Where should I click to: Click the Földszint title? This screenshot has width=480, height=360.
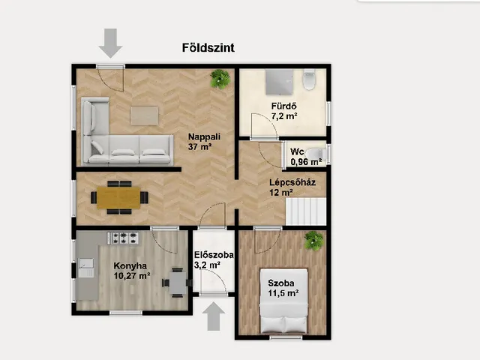coord(208,48)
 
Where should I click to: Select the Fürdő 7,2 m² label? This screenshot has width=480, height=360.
coord(284,111)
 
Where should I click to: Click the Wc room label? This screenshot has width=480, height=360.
coord(297,151)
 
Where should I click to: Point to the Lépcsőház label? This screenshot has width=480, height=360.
coord(292,182)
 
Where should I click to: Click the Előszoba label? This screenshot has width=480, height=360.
coord(214,255)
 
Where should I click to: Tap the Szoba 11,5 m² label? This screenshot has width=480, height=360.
coord(283,288)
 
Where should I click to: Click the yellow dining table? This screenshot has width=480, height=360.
coord(118,197)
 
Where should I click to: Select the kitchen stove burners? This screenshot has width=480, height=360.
coord(123,238)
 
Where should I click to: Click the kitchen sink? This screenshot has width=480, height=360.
coord(86,268)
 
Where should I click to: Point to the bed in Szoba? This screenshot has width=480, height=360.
coord(283,301)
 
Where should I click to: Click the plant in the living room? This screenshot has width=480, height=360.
coord(220,79)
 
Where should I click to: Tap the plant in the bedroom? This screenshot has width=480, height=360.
coord(313,241)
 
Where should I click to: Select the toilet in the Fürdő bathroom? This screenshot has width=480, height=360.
coord(309,79)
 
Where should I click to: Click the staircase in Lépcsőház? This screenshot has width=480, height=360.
coord(306,211)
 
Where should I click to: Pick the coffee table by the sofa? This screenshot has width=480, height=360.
coord(145,115)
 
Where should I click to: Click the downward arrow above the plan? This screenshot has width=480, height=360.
coord(110,43)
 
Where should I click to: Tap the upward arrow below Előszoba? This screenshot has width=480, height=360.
coord(214,316)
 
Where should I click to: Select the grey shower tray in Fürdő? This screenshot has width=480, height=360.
coord(279,82)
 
